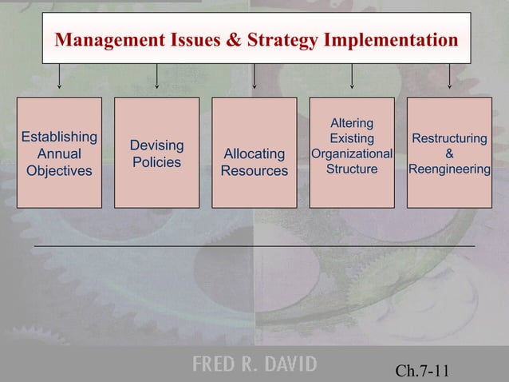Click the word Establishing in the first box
point(59,136)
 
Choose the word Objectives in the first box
point(59,171)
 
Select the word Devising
point(156,145)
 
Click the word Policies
point(156,162)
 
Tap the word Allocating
point(254,153)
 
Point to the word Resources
point(254,171)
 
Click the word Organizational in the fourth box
point(352,153)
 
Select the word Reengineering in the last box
point(450,169)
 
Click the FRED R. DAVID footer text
point(254,365)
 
